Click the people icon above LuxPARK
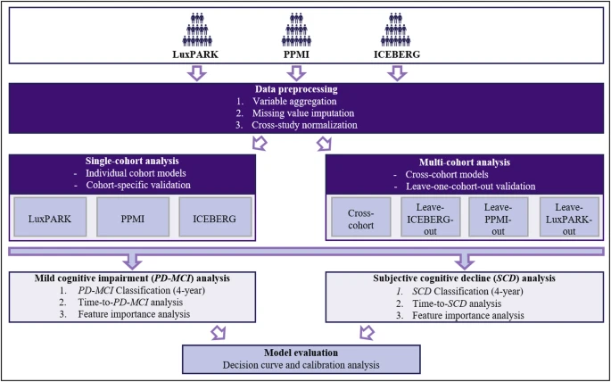(197, 29)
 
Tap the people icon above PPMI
(296, 29)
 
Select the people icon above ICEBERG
(396, 29)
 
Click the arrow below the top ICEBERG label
(397, 73)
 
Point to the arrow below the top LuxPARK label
(197, 73)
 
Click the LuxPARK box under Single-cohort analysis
(50, 217)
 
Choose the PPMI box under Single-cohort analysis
(133, 217)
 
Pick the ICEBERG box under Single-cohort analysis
(215, 217)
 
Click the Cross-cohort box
(361, 217)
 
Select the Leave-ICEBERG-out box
(430, 217)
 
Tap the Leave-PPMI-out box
(499, 217)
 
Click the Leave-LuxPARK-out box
(569, 217)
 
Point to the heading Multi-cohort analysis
(464, 162)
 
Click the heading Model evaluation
(301, 353)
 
